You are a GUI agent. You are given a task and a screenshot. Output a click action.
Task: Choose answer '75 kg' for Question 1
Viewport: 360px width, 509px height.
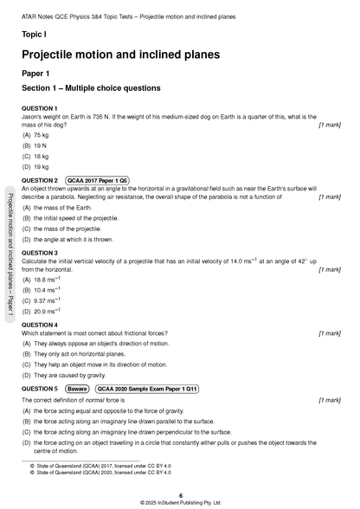[x=41, y=135]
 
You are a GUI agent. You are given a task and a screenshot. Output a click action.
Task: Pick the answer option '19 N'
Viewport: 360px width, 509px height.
[x=41, y=145]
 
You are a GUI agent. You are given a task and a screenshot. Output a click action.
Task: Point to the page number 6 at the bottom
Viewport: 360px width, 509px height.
[x=180, y=494]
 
